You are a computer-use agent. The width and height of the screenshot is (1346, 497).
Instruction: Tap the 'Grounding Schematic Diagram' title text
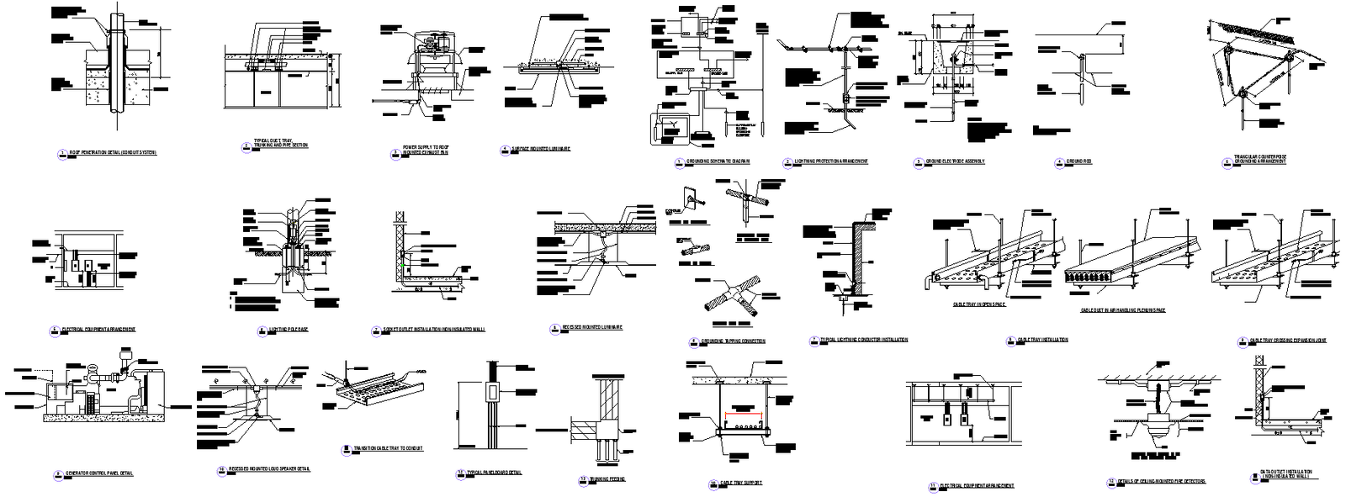click(717, 161)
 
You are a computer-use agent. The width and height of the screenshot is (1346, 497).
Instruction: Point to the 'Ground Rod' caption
click(1078, 161)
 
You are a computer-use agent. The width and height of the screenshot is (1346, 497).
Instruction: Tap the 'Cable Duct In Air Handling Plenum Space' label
click(1123, 310)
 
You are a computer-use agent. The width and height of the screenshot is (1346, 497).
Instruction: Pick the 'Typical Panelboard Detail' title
click(494, 473)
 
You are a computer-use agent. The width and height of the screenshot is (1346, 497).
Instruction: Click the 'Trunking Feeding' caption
click(603, 479)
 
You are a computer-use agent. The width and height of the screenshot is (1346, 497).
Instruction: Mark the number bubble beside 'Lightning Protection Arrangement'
click(787, 161)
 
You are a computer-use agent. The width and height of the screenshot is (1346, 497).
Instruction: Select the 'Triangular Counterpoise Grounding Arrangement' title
click(1259, 160)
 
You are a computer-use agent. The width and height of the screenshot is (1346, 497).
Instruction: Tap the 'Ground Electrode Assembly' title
click(955, 161)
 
